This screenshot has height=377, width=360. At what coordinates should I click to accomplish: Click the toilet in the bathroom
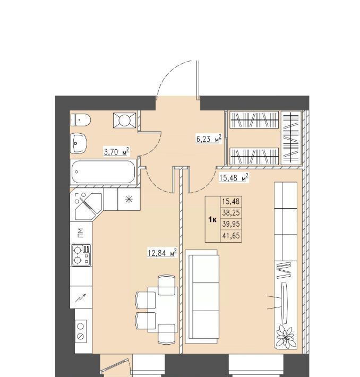click(x=80, y=119)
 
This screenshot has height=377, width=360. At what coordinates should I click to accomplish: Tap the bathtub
click(x=103, y=172)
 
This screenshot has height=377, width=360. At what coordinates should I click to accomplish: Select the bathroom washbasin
click(x=79, y=143)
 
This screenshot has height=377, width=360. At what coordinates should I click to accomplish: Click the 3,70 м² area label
click(x=117, y=152)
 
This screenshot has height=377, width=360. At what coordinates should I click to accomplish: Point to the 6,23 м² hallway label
click(x=209, y=139)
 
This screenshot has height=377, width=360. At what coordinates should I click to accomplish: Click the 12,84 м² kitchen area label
click(x=162, y=253)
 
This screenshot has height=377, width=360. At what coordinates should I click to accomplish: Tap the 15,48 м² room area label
click(x=234, y=178)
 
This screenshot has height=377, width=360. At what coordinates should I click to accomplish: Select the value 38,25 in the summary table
click(x=231, y=213)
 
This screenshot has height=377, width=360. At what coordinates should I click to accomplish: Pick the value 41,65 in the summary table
click(x=231, y=236)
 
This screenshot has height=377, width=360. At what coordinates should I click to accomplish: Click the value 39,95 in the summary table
click(x=231, y=224)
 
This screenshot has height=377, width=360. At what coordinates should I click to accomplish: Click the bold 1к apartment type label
click(x=212, y=219)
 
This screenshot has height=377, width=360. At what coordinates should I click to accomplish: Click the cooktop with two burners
click(x=81, y=255)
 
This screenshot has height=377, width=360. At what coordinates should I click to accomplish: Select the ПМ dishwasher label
click(x=81, y=233)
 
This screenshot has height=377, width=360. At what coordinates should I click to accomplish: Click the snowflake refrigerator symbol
click(x=129, y=199)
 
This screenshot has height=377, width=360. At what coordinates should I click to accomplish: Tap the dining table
click(x=162, y=310)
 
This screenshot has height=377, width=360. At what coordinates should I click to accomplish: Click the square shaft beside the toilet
click(x=125, y=119)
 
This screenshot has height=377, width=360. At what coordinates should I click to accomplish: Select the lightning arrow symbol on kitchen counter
click(x=80, y=298)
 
